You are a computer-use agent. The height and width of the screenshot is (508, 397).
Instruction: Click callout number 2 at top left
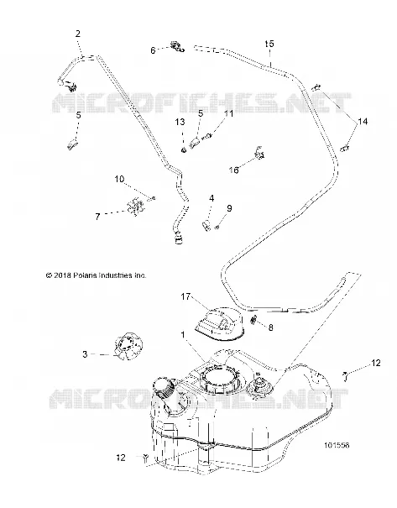78,34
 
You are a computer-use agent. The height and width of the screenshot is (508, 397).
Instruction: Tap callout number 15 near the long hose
269,44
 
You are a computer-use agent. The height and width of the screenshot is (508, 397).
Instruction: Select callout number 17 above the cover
185,296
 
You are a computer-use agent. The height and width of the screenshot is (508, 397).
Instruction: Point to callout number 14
363,122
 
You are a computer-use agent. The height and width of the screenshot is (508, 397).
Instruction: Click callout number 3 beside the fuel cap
85,354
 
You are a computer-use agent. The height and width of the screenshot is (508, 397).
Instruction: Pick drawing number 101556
337,445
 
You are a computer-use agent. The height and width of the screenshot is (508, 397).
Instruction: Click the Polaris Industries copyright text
97,275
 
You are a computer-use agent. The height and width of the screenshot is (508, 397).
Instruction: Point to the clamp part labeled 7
135,207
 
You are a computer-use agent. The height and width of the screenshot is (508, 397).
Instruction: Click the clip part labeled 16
259,153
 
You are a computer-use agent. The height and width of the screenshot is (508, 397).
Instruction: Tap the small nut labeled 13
183,149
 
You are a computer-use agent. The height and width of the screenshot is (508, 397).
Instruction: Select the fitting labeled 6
176,46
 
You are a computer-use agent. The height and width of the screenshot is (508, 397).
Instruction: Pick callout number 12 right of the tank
376,364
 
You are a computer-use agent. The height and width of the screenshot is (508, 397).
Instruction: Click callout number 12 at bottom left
121,458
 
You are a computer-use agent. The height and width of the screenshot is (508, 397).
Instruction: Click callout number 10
119,179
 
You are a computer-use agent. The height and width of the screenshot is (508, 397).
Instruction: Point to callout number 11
228,113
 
